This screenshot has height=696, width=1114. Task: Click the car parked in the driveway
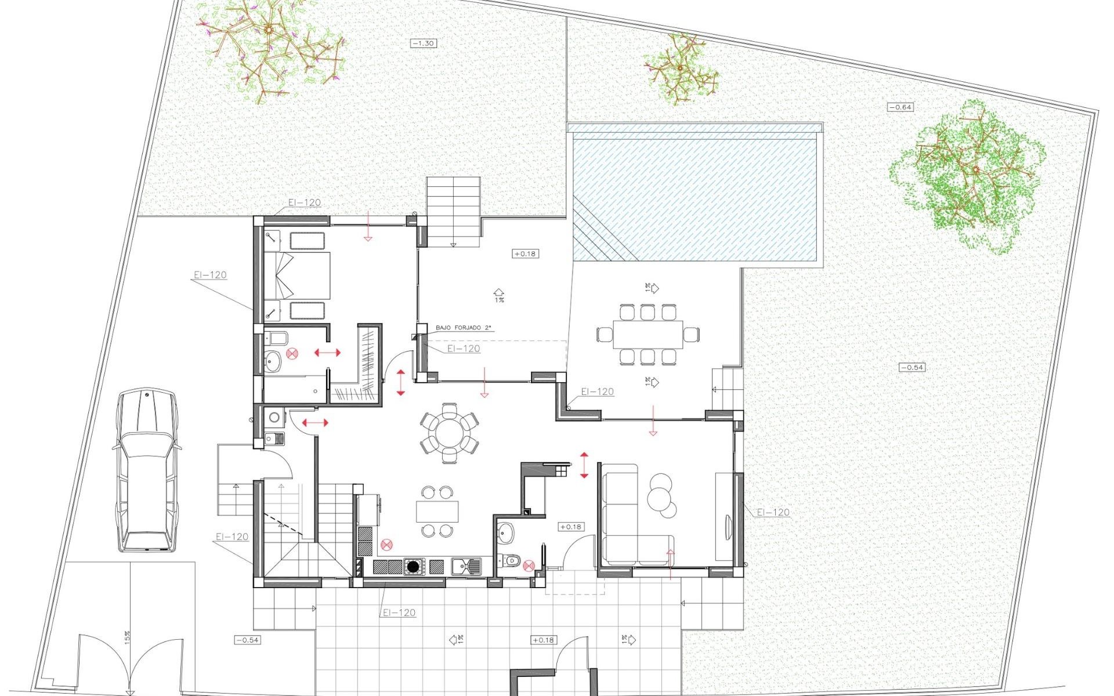point(146,470)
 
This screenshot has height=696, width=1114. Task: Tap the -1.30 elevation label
point(424,43)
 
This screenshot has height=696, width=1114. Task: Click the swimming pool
point(696,197)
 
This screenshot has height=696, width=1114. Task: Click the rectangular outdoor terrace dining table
point(647,335)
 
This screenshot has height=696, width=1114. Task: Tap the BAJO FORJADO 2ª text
point(463,328)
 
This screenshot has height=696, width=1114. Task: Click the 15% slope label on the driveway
point(127,637)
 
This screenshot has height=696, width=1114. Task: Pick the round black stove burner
point(413,566)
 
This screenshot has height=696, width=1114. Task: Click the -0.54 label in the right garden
point(912,367)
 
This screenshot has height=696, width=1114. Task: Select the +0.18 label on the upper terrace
point(525,253)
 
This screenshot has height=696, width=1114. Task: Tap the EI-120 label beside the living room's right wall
point(773,512)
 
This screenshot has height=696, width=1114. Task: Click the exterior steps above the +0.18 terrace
point(454,212)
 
